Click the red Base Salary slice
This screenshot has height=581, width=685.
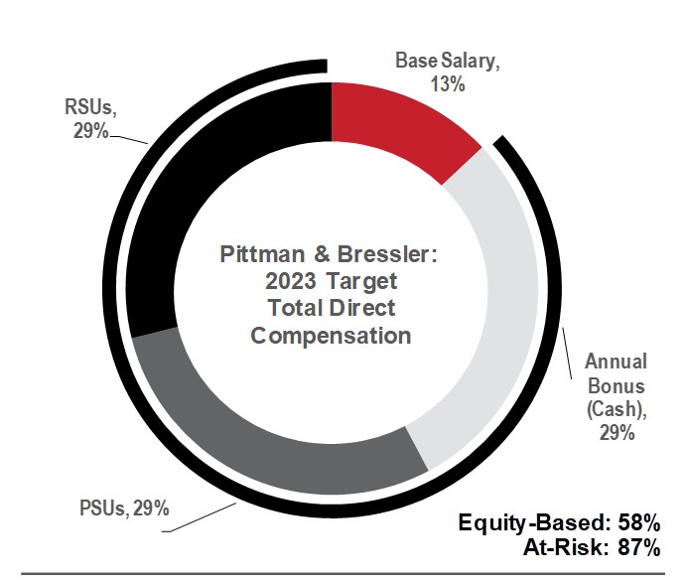[x=398, y=125]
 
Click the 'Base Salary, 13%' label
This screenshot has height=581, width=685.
[x=448, y=72]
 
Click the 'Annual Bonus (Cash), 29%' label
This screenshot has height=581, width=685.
[x=616, y=396]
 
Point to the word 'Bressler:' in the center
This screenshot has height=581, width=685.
[x=394, y=255]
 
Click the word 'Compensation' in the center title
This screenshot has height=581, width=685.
[x=331, y=335]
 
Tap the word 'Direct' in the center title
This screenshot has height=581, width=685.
[x=361, y=308]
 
